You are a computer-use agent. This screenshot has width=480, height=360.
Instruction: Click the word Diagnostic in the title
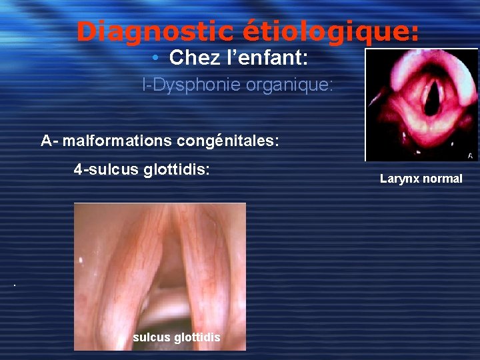tap(154, 31)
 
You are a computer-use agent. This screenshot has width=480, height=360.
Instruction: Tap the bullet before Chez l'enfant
tap(154, 59)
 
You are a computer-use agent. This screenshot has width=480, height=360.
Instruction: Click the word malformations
tap(118, 141)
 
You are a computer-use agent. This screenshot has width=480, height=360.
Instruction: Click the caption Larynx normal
tap(421, 179)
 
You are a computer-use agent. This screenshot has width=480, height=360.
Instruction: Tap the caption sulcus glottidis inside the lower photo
tap(176, 337)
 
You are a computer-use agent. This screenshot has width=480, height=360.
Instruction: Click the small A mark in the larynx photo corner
tap(471, 155)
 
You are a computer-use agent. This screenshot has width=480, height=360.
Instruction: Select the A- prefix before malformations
tap(49, 141)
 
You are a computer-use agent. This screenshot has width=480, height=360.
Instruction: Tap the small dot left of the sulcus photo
tap(13, 286)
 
